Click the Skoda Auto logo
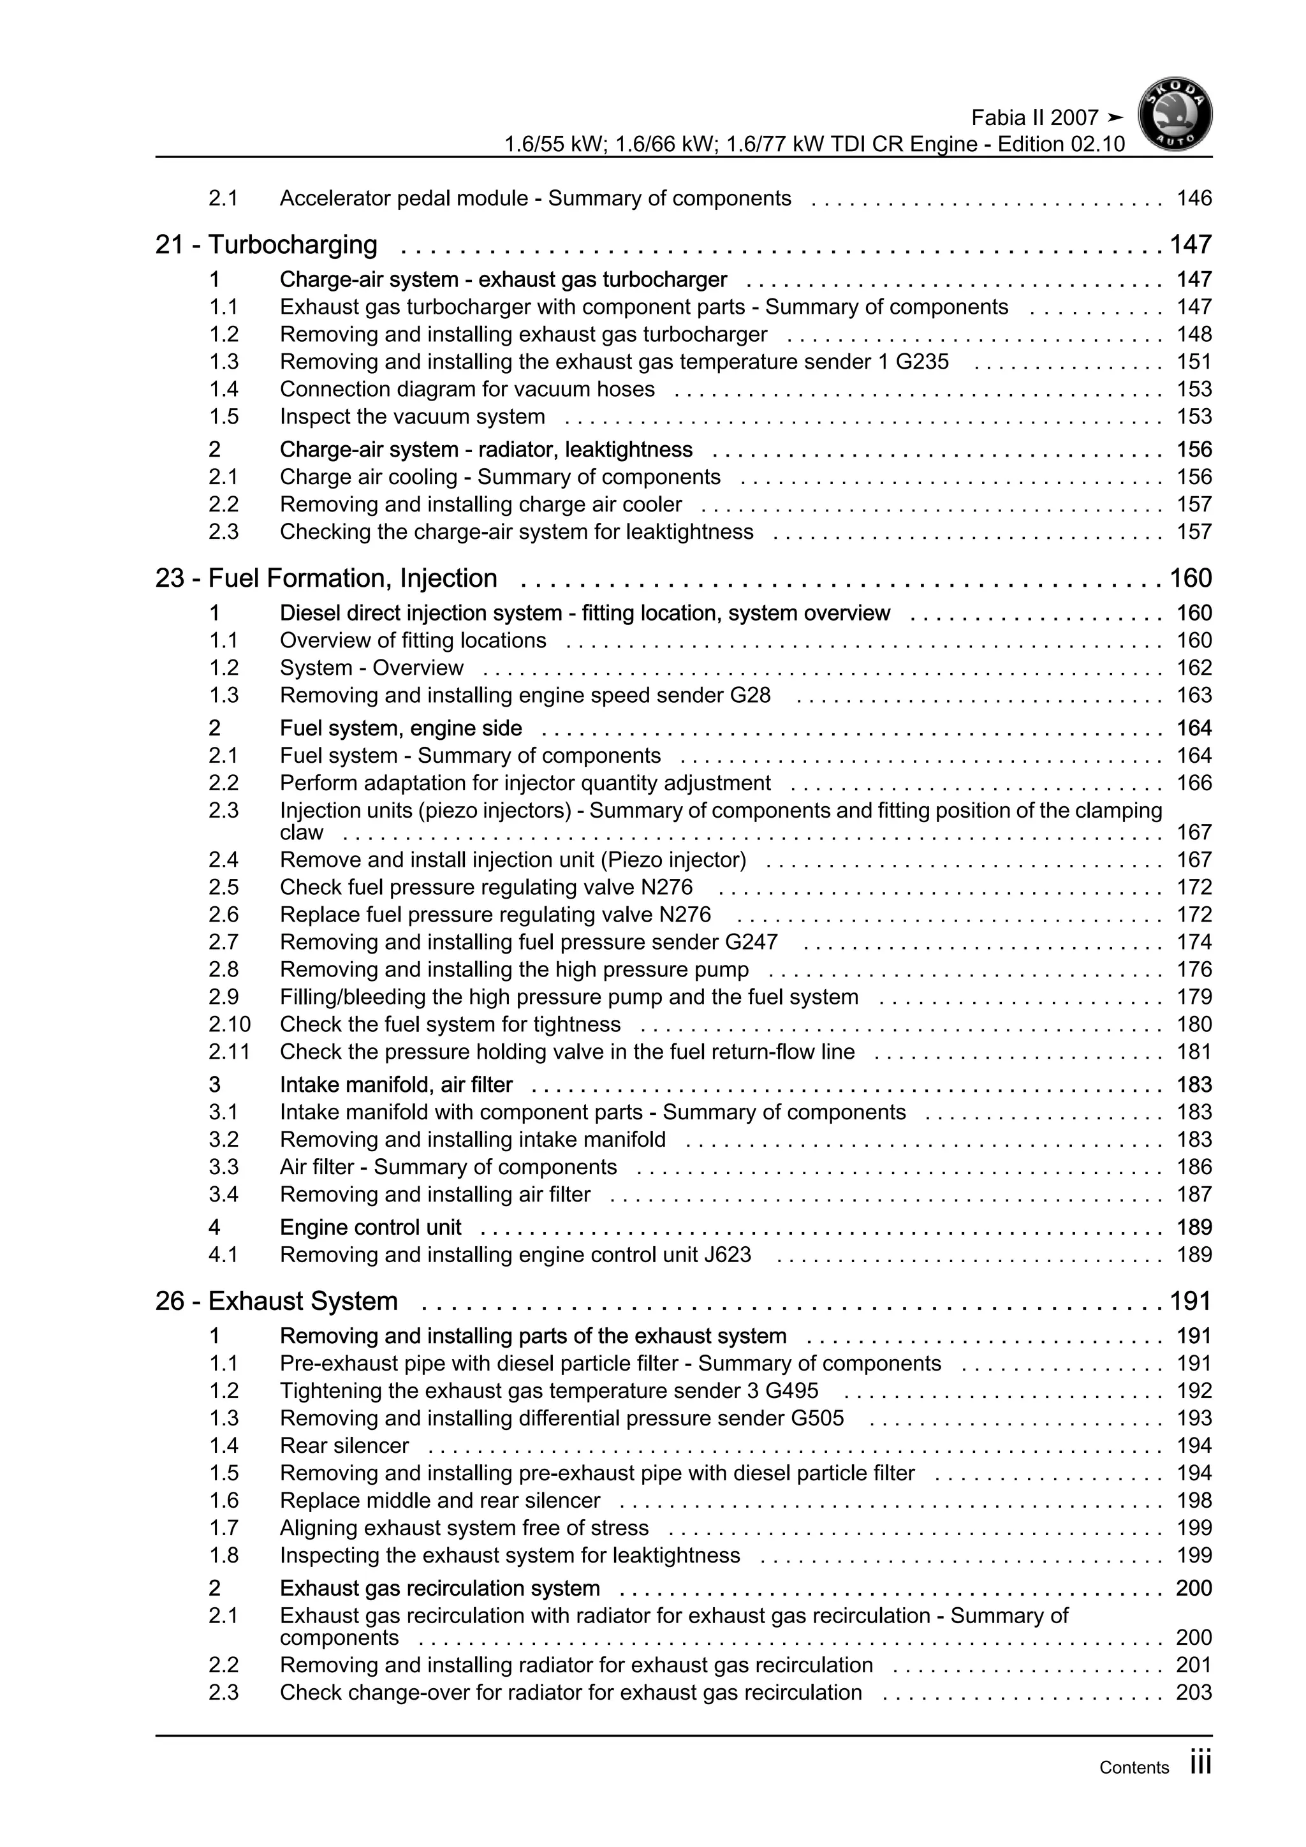click(x=1175, y=115)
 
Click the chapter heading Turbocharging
click(x=292, y=244)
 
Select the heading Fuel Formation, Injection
click(x=352, y=578)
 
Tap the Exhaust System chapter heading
click(x=302, y=1301)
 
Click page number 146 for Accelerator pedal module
click(x=1193, y=199)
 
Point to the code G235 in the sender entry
click(x=921, y=362)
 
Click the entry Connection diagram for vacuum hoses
click(x=467, y=389)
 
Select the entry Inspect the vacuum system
click(x=412, y=416)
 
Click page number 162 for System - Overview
click(x=1193, y=668)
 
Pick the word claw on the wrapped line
click(x=302, y=832)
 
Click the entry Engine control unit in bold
click(x=370, y=1227)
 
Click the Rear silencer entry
click(x=344, y=1446)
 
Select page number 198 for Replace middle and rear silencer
click(x=1193, y=1500)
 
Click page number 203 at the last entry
click(x=1193, y=1692)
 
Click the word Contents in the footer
click(x=1134, y=1767)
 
